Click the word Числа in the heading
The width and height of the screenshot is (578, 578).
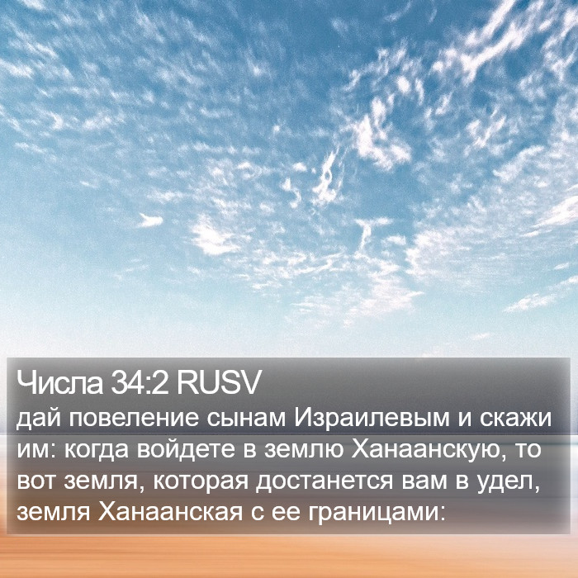(x=59, y=382)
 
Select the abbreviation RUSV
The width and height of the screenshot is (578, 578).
(x=219, y=382)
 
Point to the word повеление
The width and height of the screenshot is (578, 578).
(x=134, y=419)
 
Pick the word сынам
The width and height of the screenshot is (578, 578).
(x=246, y=419)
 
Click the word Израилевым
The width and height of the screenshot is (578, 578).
(x=372, y=419)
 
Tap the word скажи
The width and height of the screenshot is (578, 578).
(x=516, y=419)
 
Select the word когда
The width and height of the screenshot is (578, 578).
(x=97, y=450)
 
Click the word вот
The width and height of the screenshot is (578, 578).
(x=36, y=481)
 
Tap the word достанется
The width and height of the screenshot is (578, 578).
(x=325, y=481)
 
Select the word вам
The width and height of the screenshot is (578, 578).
(x=424, y=481)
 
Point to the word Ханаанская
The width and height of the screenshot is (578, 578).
(x=170, y=513)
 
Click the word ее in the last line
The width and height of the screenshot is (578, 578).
(x=286, y=514)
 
